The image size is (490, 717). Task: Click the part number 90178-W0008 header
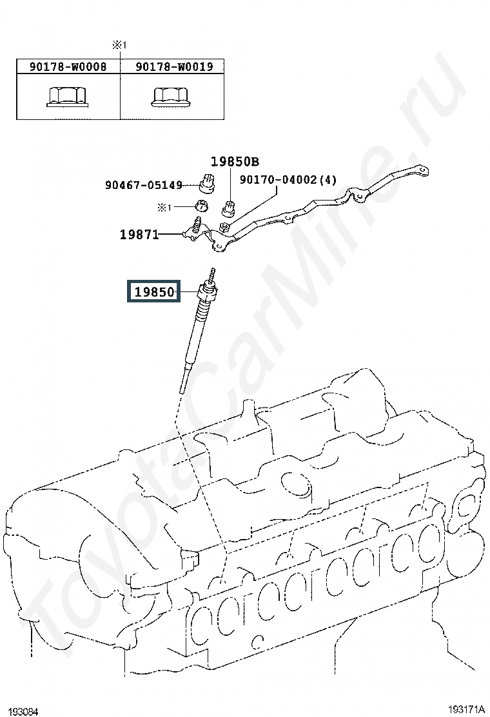point(68,66)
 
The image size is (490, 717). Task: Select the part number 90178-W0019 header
point(173,66)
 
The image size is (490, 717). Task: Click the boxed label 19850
point(155,292)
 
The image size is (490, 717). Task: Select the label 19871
point(139,235)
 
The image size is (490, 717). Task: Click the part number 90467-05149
point(144,186)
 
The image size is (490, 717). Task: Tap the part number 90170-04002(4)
point(288,181)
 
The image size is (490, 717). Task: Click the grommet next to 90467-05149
point(207,184)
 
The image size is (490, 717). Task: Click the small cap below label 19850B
point(229,208)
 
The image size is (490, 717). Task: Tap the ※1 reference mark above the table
point(121,45)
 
